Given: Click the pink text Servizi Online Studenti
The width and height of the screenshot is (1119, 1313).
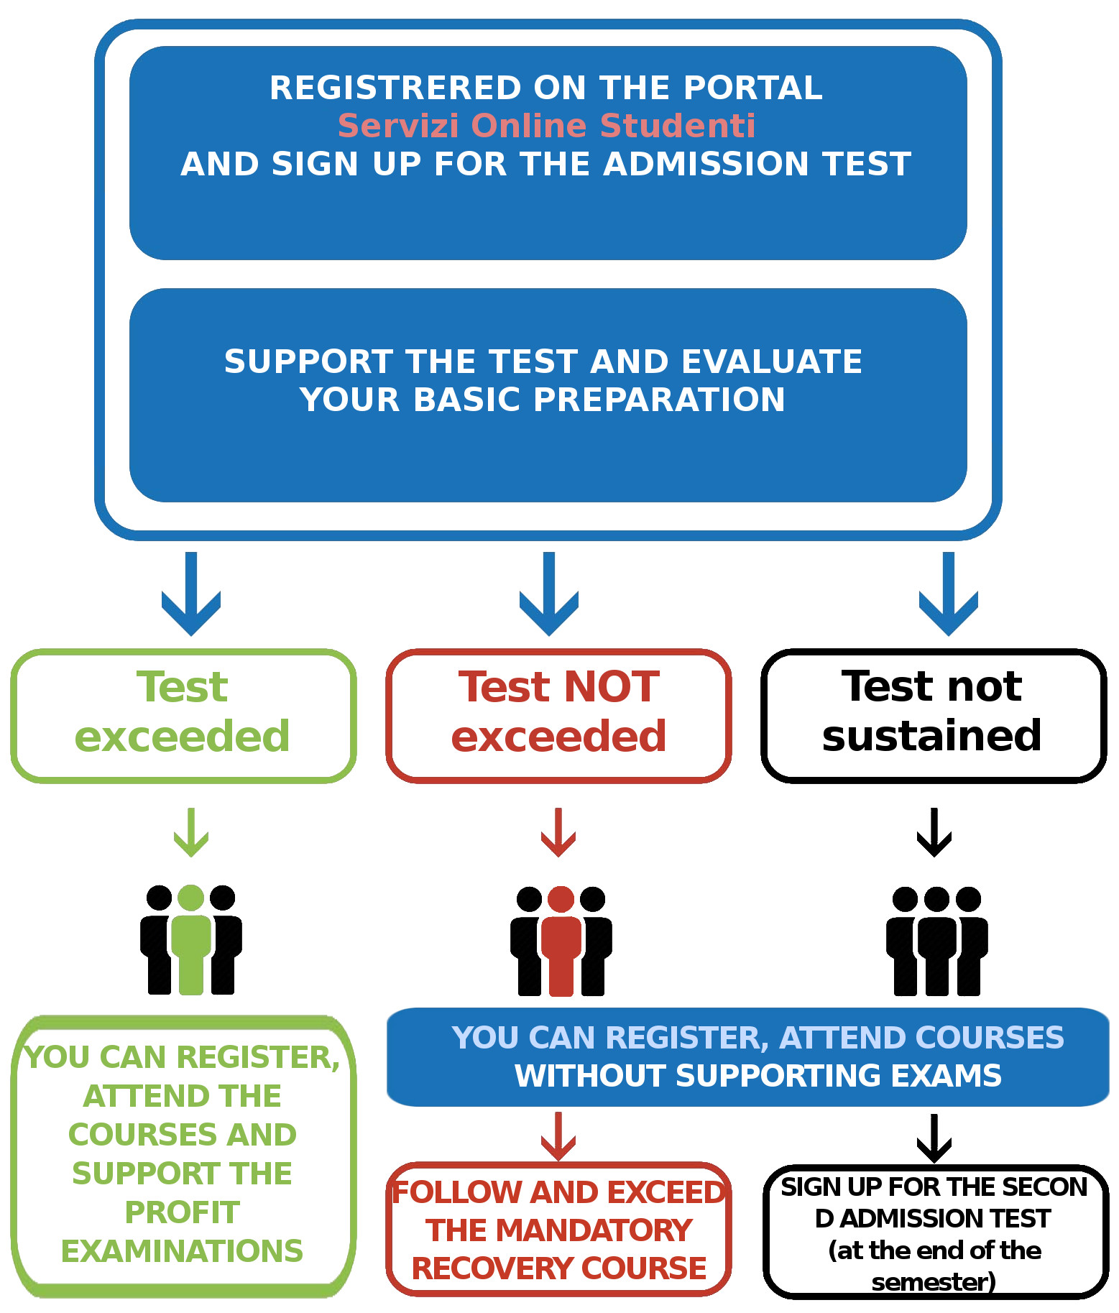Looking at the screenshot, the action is point(546,126).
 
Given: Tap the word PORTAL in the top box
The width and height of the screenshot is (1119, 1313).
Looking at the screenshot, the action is point(752,88).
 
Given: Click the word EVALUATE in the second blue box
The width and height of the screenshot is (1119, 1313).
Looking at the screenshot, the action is point(771,361).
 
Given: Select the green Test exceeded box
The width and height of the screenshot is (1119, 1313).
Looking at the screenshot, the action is point(183,715).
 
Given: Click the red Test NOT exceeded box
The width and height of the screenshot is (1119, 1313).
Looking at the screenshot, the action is point(558,715).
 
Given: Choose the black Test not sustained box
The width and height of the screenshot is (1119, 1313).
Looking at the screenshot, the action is point(934,715).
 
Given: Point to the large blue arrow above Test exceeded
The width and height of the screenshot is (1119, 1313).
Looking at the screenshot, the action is point(191,594).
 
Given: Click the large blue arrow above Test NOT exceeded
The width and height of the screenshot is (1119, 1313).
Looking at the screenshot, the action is point(549,594).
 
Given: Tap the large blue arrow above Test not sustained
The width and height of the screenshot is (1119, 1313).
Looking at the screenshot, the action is point(949,594).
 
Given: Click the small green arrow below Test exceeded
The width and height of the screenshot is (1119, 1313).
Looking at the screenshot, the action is point(191,832).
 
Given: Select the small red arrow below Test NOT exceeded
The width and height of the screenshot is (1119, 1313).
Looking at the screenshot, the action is point(558,832).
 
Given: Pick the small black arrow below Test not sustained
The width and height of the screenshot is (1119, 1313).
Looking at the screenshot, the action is point(934,832).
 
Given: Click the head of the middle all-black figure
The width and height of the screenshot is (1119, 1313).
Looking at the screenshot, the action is point(937,899).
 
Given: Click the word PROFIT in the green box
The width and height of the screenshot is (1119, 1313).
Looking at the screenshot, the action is point(183,1212).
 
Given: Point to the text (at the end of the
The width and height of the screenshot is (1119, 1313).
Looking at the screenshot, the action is point(935,1250).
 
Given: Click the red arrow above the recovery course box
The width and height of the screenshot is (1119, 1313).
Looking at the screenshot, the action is point(558,1136).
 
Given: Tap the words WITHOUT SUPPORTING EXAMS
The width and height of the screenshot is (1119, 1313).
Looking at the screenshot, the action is point(758,1076).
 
